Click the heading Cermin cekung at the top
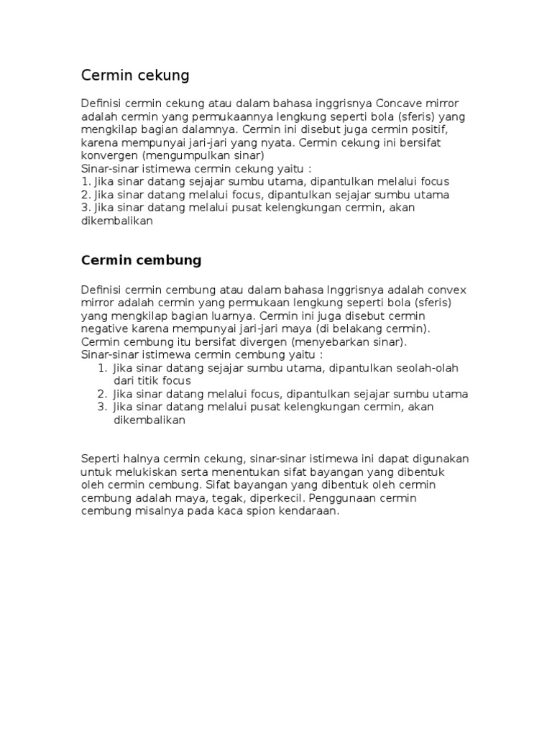pos(135,75)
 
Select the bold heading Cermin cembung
pos(141,259)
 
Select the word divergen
pos(257,341)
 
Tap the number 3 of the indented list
pos(101,407)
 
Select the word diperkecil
pos(275,498)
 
